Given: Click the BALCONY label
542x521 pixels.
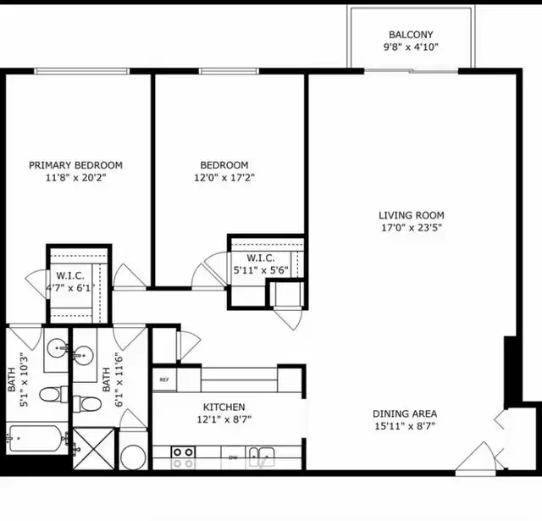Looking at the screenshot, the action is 411,35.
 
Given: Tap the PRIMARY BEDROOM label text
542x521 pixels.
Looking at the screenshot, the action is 75,165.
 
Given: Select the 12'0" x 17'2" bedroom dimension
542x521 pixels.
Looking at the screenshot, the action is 224,178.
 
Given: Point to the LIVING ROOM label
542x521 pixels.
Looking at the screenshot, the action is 412,215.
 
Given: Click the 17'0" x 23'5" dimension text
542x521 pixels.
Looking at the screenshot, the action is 412,228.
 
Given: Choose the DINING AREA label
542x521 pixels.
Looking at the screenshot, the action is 405,413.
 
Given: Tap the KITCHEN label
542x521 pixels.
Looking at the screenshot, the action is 224,407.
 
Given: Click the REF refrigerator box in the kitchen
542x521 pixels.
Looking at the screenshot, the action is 164,380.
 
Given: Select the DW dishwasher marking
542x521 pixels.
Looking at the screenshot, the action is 234,457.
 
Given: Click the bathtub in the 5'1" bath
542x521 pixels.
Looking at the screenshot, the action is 36,438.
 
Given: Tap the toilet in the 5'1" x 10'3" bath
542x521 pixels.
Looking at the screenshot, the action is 53,394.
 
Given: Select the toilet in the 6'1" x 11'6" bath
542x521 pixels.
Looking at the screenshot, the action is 87,404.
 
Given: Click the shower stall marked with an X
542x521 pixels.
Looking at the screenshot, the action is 94,449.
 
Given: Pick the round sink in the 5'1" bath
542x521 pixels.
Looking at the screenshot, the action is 58,348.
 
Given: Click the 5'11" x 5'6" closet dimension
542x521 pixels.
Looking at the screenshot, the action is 261,270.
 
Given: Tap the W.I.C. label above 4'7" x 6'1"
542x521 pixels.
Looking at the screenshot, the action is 70,276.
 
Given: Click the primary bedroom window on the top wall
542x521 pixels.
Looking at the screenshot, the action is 81,71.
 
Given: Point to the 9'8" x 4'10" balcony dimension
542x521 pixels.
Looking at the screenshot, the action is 411,47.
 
